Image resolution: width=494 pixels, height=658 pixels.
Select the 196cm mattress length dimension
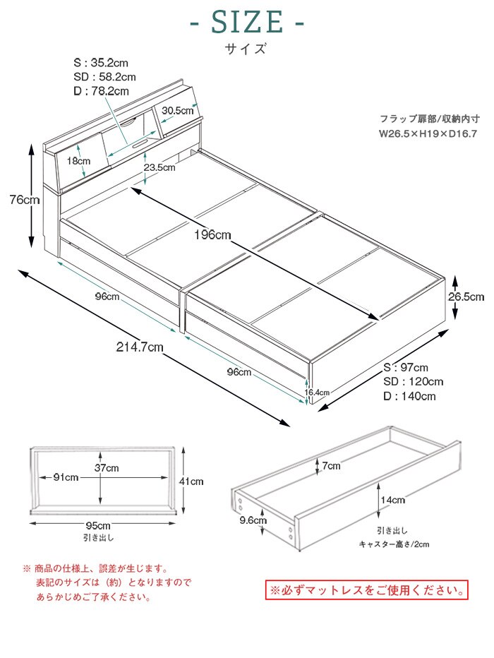tap(212, 235)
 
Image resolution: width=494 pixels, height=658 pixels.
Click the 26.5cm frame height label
tap(466, 297)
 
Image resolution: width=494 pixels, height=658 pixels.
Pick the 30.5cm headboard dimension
tap(177, 110)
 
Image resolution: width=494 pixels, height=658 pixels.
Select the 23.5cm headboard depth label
tap(159, 167)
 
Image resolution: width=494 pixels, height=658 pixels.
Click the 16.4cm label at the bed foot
tap(317, 392)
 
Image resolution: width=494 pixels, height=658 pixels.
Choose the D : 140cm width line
tap(409, 396)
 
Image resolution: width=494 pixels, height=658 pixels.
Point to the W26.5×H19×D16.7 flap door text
tap(428, 132)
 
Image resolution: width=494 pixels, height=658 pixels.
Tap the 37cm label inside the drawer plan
tap(107, 467)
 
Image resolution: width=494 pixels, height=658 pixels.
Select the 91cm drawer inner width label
tap(66, 477)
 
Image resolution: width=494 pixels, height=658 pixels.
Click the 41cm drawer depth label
tap(191, 481)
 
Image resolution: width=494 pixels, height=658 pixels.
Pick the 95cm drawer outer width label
tap(98, 525)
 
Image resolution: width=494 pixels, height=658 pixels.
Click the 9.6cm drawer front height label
tap(253, 520)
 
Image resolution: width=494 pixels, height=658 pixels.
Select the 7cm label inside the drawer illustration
tap(332, 466)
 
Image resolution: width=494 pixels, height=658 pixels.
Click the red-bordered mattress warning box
tap(366, 589)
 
